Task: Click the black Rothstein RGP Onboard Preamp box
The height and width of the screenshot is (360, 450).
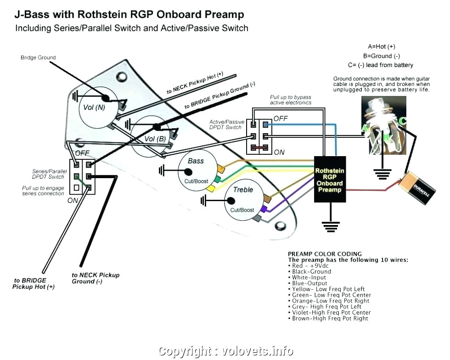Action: (330, 180)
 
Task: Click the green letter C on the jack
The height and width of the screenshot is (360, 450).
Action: (402, 121)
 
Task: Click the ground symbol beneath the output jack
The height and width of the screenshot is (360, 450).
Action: (382, 174)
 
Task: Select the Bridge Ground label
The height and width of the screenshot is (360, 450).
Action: (38, 57)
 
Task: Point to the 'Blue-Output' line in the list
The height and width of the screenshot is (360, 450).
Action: (309, 283)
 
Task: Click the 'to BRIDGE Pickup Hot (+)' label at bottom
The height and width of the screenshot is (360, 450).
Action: (34, 283)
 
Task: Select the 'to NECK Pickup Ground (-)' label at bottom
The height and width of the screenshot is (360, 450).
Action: (95, 278)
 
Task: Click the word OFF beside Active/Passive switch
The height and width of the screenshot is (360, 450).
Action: (281, 118)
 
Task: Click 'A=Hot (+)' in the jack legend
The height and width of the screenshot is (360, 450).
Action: (381, 46)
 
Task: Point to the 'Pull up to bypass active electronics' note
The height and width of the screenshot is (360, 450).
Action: (290, 100)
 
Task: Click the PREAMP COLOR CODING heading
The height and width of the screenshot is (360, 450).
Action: (325, 253)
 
